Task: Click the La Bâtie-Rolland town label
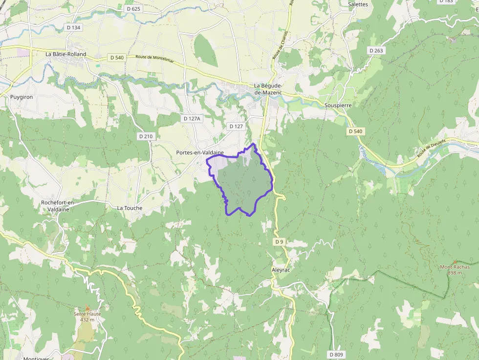tap(65, 54)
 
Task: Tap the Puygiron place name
tap(22, 97)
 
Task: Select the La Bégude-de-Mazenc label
tap(269, 89)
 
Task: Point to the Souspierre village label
tap(338, 105)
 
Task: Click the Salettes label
tap(358, 4)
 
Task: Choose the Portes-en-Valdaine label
tap(199, 153)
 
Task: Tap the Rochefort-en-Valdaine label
tap(58, 206)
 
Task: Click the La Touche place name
tap(130, 208)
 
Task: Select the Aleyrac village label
tap(281, 270)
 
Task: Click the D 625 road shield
tap(133, 9)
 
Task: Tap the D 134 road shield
tap(73, 27)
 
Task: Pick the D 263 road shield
tap(376, 50)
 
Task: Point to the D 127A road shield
tap(191, 119)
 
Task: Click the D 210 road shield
tap(146, 136)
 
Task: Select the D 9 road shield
tap(279, 242)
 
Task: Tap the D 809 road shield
tap(336, 354)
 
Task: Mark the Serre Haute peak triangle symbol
tap(87, 308)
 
